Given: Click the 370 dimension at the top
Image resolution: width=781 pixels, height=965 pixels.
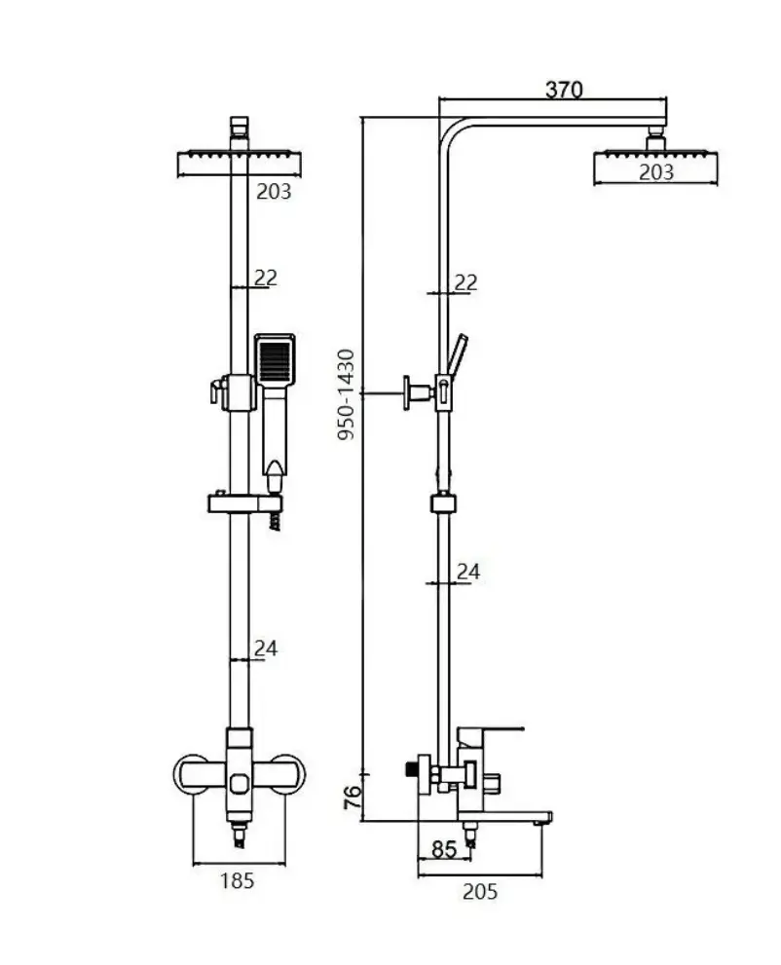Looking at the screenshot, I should tap(563, 90).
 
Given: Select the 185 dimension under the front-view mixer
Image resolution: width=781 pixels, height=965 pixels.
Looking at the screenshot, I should tap(237, 880).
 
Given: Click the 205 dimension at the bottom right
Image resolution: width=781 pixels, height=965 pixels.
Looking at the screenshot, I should tap(480, 890).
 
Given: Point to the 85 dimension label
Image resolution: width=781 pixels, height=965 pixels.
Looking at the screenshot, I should tap(443, 849).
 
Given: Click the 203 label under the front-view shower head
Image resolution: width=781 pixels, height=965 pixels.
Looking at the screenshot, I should tap(274, 192).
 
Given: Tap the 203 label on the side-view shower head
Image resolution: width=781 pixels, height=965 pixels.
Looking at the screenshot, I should tap(655, 172).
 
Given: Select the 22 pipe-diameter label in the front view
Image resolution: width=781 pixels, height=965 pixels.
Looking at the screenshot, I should tap(265, 278).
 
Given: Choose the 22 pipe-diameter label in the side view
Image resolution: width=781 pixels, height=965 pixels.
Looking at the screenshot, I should tap(466, 282).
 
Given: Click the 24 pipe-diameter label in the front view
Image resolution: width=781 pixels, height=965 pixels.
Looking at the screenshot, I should tap(265, 648).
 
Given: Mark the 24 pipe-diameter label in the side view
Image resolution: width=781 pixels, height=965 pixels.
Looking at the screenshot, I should tap(467, 572).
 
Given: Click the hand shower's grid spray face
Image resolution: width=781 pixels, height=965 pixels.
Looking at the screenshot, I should tap(275, 358).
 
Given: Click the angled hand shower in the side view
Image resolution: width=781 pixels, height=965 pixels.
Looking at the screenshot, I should tap(456, 356).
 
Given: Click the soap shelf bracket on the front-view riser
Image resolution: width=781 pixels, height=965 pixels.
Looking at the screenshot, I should tap(243, 502).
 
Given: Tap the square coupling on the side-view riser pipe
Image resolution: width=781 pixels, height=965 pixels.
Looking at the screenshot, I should tap(443, 504).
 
